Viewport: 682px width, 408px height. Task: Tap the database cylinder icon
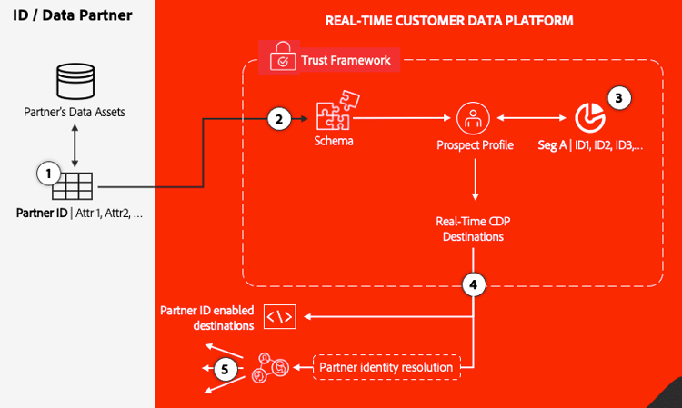point(75,82)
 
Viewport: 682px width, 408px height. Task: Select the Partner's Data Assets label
point(75,113)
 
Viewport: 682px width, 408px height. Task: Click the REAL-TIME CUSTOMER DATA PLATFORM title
point(449,20)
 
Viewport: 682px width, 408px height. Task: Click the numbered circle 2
point(279,117)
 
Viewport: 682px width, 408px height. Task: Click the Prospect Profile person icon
point(475,117)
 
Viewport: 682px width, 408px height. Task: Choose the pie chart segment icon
point(590,116)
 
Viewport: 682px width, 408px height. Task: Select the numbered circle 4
point(473,284)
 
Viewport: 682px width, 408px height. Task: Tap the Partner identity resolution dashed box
point(386,367)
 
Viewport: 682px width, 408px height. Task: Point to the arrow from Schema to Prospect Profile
point(401,117)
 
